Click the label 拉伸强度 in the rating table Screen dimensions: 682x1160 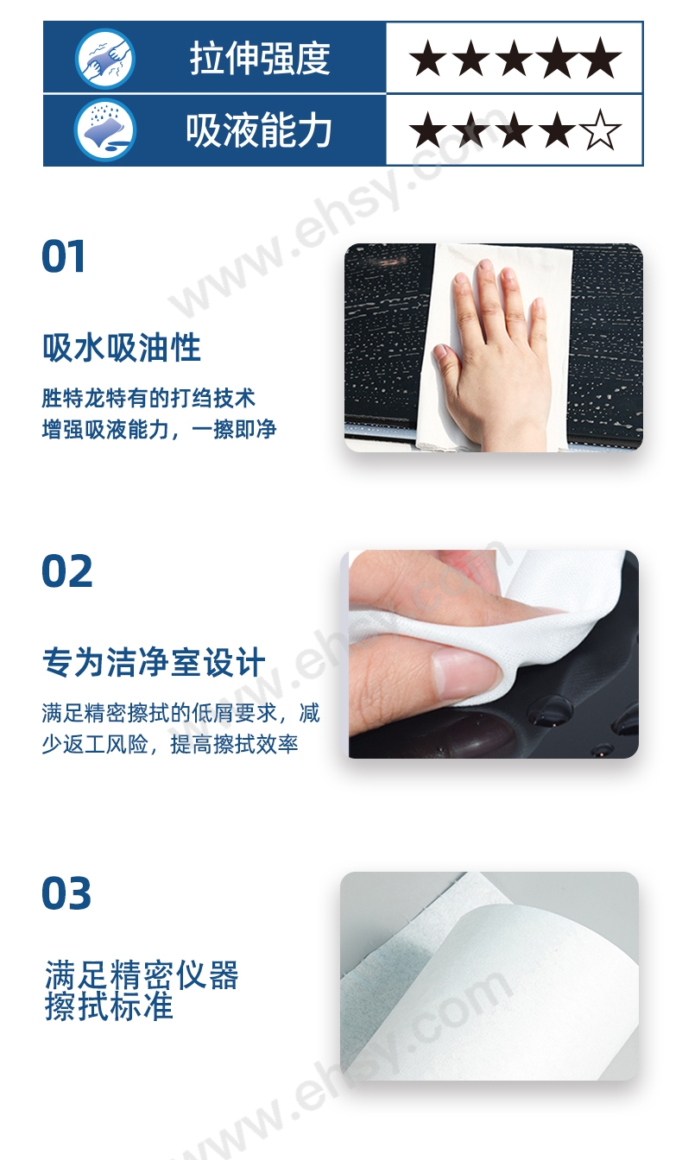click(260, 58)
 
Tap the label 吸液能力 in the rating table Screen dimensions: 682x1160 click(259, 130)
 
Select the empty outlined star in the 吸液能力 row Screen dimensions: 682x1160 click(601, 130)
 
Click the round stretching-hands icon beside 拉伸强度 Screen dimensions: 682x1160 click(105, 59)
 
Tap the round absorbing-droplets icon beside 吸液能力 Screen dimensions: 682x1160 click(105, 130)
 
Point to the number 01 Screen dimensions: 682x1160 click(63, 256)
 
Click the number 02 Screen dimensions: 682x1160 click(66, 571)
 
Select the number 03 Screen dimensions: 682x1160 click(66, 893)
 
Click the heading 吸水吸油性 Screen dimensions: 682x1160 click(122, 348)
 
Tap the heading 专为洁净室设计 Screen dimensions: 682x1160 click(154, 662)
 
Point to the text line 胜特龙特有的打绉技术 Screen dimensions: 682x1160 click(148, 398)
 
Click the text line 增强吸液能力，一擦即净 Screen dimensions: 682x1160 click(159, 429)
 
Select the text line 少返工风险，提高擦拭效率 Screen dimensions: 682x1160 click(170, 744)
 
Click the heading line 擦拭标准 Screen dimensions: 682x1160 click(109, 1007)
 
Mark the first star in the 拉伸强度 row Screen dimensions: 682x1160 click(427, 58)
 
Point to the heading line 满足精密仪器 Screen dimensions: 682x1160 click(142, 974)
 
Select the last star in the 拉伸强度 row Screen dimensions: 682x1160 click(601, 58)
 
